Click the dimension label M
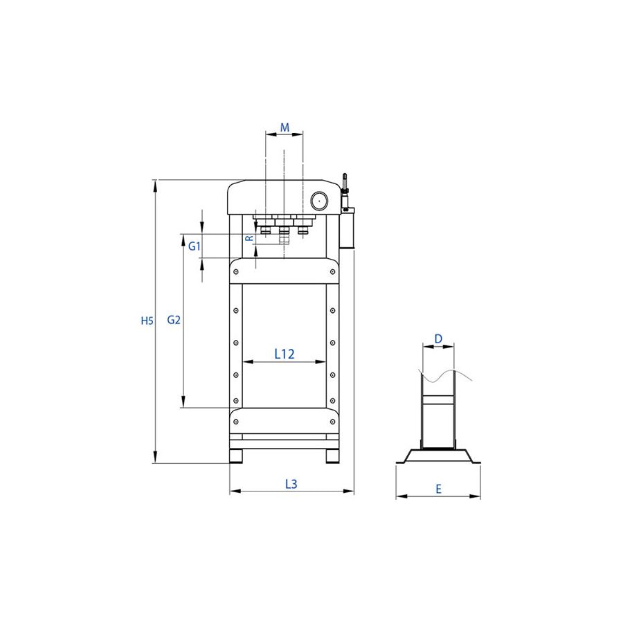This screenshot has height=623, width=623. coord(285,127)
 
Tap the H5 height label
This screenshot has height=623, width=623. coord(147,320)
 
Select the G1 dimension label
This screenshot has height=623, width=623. coord(195,246)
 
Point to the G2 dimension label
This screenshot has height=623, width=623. coord(174,320)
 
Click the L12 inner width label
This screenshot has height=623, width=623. coord(285,354)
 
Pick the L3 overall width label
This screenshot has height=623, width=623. coord(291,484)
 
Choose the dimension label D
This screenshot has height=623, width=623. coord(438,339)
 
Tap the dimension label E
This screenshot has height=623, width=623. coord(439,489)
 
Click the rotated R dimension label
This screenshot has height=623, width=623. coord(249,238)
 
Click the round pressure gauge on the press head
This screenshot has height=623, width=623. coord(319,201)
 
